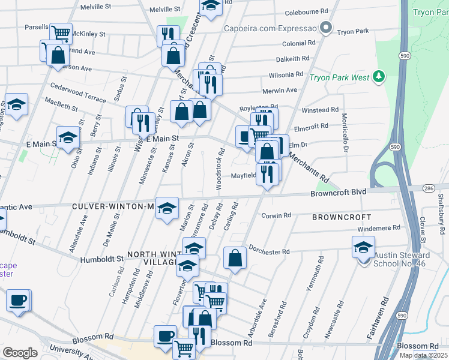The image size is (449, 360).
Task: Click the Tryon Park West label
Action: [339, 77]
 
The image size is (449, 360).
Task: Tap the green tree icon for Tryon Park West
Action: [378, 76]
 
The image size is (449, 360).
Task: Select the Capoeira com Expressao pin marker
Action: [326, 27]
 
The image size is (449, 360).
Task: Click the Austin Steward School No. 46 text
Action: [402, 259]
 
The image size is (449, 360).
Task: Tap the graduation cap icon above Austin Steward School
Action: [363, 247]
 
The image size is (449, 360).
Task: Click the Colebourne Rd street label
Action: [306, 11]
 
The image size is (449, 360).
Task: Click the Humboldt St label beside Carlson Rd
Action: [102, 259]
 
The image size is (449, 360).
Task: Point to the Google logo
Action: [20, 353]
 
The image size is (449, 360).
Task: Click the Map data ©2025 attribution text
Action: [423, 355]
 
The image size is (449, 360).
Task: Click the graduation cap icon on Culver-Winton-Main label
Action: [167, 208]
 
